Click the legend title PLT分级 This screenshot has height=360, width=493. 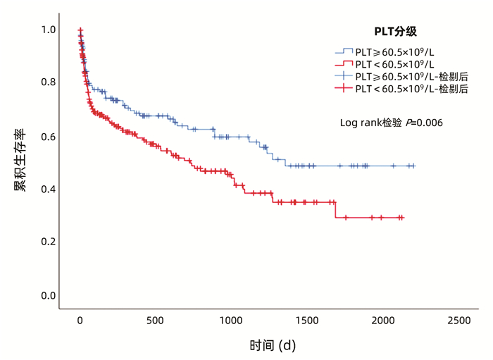pyautogui.click(x=396, y=31)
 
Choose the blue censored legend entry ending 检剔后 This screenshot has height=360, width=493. pyautogui.click(x=402, y=76)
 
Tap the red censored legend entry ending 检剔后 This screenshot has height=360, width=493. pyautogui.click(x=402, y=88)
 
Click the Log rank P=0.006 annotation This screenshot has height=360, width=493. pyautogui.click(x=391, y=123)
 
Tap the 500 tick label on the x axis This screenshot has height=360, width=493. pyautogui.click(x=156, y=321)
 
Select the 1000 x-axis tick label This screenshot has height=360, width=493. pyautogui.click(x=231, y=321)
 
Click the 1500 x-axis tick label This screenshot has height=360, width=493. pyautogui.click(x=306, y=321)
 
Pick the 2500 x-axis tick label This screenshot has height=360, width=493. pyautogui.click(x=458, y=321)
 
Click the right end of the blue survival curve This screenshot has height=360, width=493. pyautogui.click(x=415, y=166)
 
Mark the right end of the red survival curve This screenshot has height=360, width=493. pyautogui.click(x=404, y=218)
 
